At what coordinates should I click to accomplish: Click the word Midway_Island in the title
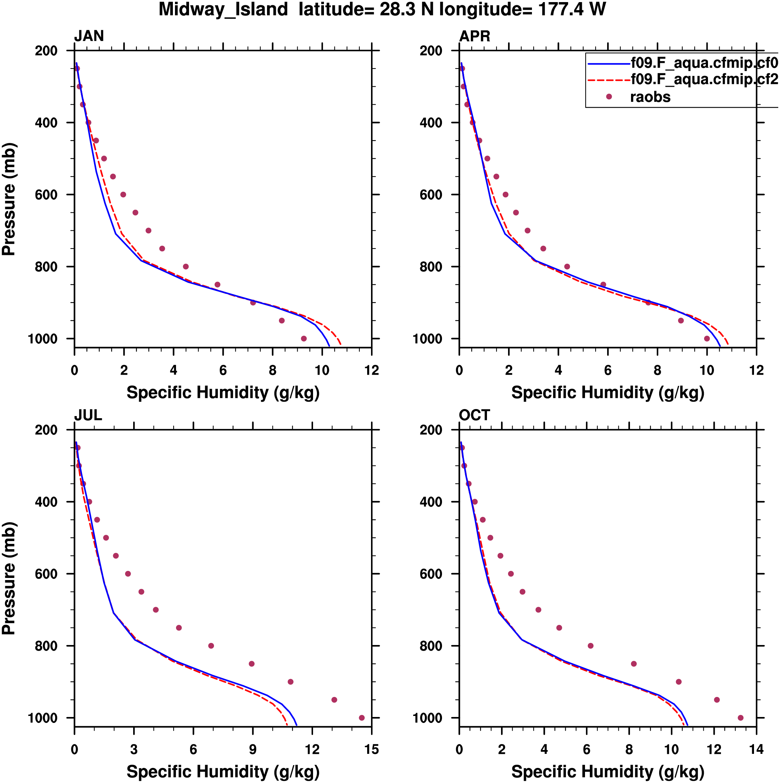click(x=223, y=9)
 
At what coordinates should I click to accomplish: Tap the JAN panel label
click(x=89, y=36)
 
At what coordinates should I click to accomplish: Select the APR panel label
click(x=474, y=36)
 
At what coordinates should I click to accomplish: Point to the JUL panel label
click(x=87, y=415)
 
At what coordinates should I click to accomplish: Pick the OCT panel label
click(x=474, y=415)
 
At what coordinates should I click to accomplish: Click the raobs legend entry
click(x=650, y=97)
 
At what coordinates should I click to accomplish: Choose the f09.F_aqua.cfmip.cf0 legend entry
click(x=704, y=63)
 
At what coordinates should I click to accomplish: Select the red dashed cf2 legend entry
click(x=704, y=79)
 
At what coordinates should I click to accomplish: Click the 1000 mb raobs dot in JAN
click(x=304, y=338)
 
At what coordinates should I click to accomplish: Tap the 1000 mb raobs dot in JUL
click(x=362, y=718)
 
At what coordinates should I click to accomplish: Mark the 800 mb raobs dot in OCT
click(x=591, y=646)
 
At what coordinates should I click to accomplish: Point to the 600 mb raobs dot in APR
click(x=505, y=195)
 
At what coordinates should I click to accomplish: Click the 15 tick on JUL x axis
click(x=371, y=750)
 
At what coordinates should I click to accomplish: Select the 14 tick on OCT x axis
click(x=756, y=750)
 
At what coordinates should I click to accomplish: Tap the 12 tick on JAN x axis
click(x=371, y=370)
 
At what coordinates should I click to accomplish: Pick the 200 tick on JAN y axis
click(x=46, y=51)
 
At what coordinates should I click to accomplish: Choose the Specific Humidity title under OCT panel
click(x=607, y=772)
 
